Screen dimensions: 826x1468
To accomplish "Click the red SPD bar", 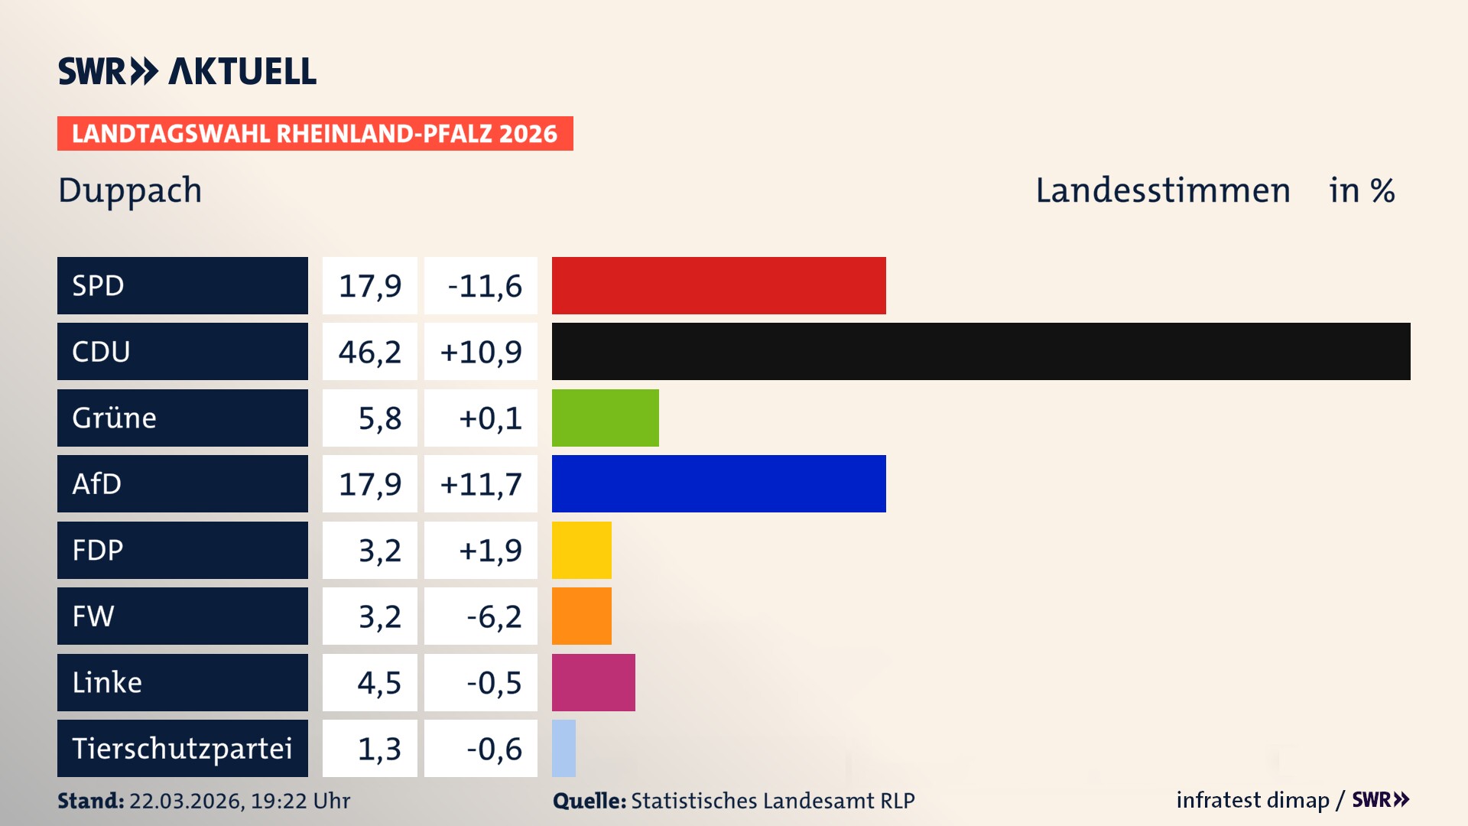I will [x=719, y=285].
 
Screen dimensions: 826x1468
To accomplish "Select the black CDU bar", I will [x=981, y=351].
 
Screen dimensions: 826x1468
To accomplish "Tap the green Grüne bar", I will [x=605, y=418].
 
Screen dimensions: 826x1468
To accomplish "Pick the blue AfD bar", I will [x=719, y=483].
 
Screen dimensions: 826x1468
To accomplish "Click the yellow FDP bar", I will [x=581, y=550].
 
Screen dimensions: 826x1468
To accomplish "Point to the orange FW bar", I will [x=581, y=616].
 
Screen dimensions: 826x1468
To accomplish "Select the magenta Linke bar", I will [x=593, y=682].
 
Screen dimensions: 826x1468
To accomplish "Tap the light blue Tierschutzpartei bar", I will [x=563, y=748].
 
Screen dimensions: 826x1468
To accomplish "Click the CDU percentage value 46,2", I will [x=370, y=352].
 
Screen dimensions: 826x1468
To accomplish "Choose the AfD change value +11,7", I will [x=481, y=484].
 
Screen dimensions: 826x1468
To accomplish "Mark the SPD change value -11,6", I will [x=485, y=286].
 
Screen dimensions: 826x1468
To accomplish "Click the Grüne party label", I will [x=115, y=418].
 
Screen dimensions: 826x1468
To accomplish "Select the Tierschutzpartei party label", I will [x=182, y=749].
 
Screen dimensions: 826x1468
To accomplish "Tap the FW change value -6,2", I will [x=494, y=616].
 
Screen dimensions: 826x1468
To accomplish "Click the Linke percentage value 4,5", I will [x=379, y=683].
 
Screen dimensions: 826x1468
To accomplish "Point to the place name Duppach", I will [x=130, y=191].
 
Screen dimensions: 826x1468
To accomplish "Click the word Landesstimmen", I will [x=1162, y=190].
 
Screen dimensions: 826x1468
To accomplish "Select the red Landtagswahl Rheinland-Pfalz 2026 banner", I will [x=315, y=134].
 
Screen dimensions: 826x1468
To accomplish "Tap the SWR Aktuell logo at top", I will [x=187, y=71].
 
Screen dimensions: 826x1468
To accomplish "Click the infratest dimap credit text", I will [x=1252, y=800].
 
